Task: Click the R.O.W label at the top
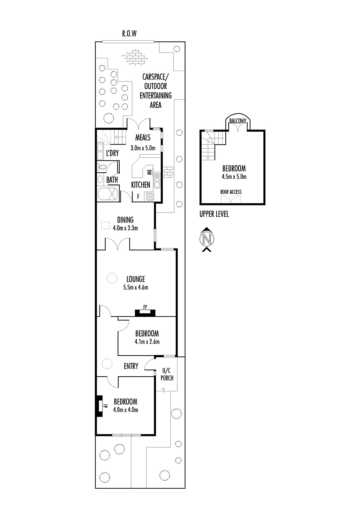pyautogui.click(x=130, y=34)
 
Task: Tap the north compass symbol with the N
pyautogui.click(x=207, y=239)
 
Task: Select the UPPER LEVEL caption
pyautogui.click(x=214, y=214)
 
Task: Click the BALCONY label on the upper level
pyautogui.click(x=238, y=121)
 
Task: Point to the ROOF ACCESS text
pyautogui.click(x=231, y=192)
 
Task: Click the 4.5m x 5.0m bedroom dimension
pyautogui.click(x=234, y=177)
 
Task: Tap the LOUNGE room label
pyautogui.click(x=136, y=279)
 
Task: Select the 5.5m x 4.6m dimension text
pyautogui.click(x=136, y=287)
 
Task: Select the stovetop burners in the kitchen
pyautogui.click(x=150, y=197)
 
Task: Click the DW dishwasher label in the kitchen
pyautogui.click(x=149, y=172)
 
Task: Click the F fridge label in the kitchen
pyautogui.click(x=138, y=196)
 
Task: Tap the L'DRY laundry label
pyautogui.click(x=112, y=153)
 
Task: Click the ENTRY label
pyautogui.click(x=131, y=366)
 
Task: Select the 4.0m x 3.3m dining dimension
pyautogui.click(x=125, y=228)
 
